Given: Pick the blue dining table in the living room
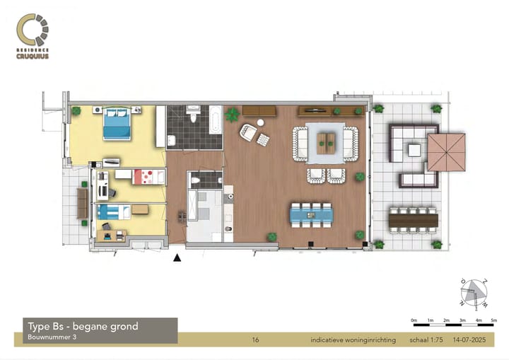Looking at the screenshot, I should [x=311, y=214].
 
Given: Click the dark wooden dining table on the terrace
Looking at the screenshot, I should [x=414, y=220].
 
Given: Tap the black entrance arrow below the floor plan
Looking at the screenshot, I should [x=177, y=258].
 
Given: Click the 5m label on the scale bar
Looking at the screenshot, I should [x=494, y=321].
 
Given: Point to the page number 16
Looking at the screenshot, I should [x=255, y=340].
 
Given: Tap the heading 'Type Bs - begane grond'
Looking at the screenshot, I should [x=83, y=327].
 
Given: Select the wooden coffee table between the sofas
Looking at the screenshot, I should [x=327, y=143].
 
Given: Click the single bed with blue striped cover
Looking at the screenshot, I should [x=112, y=210].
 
